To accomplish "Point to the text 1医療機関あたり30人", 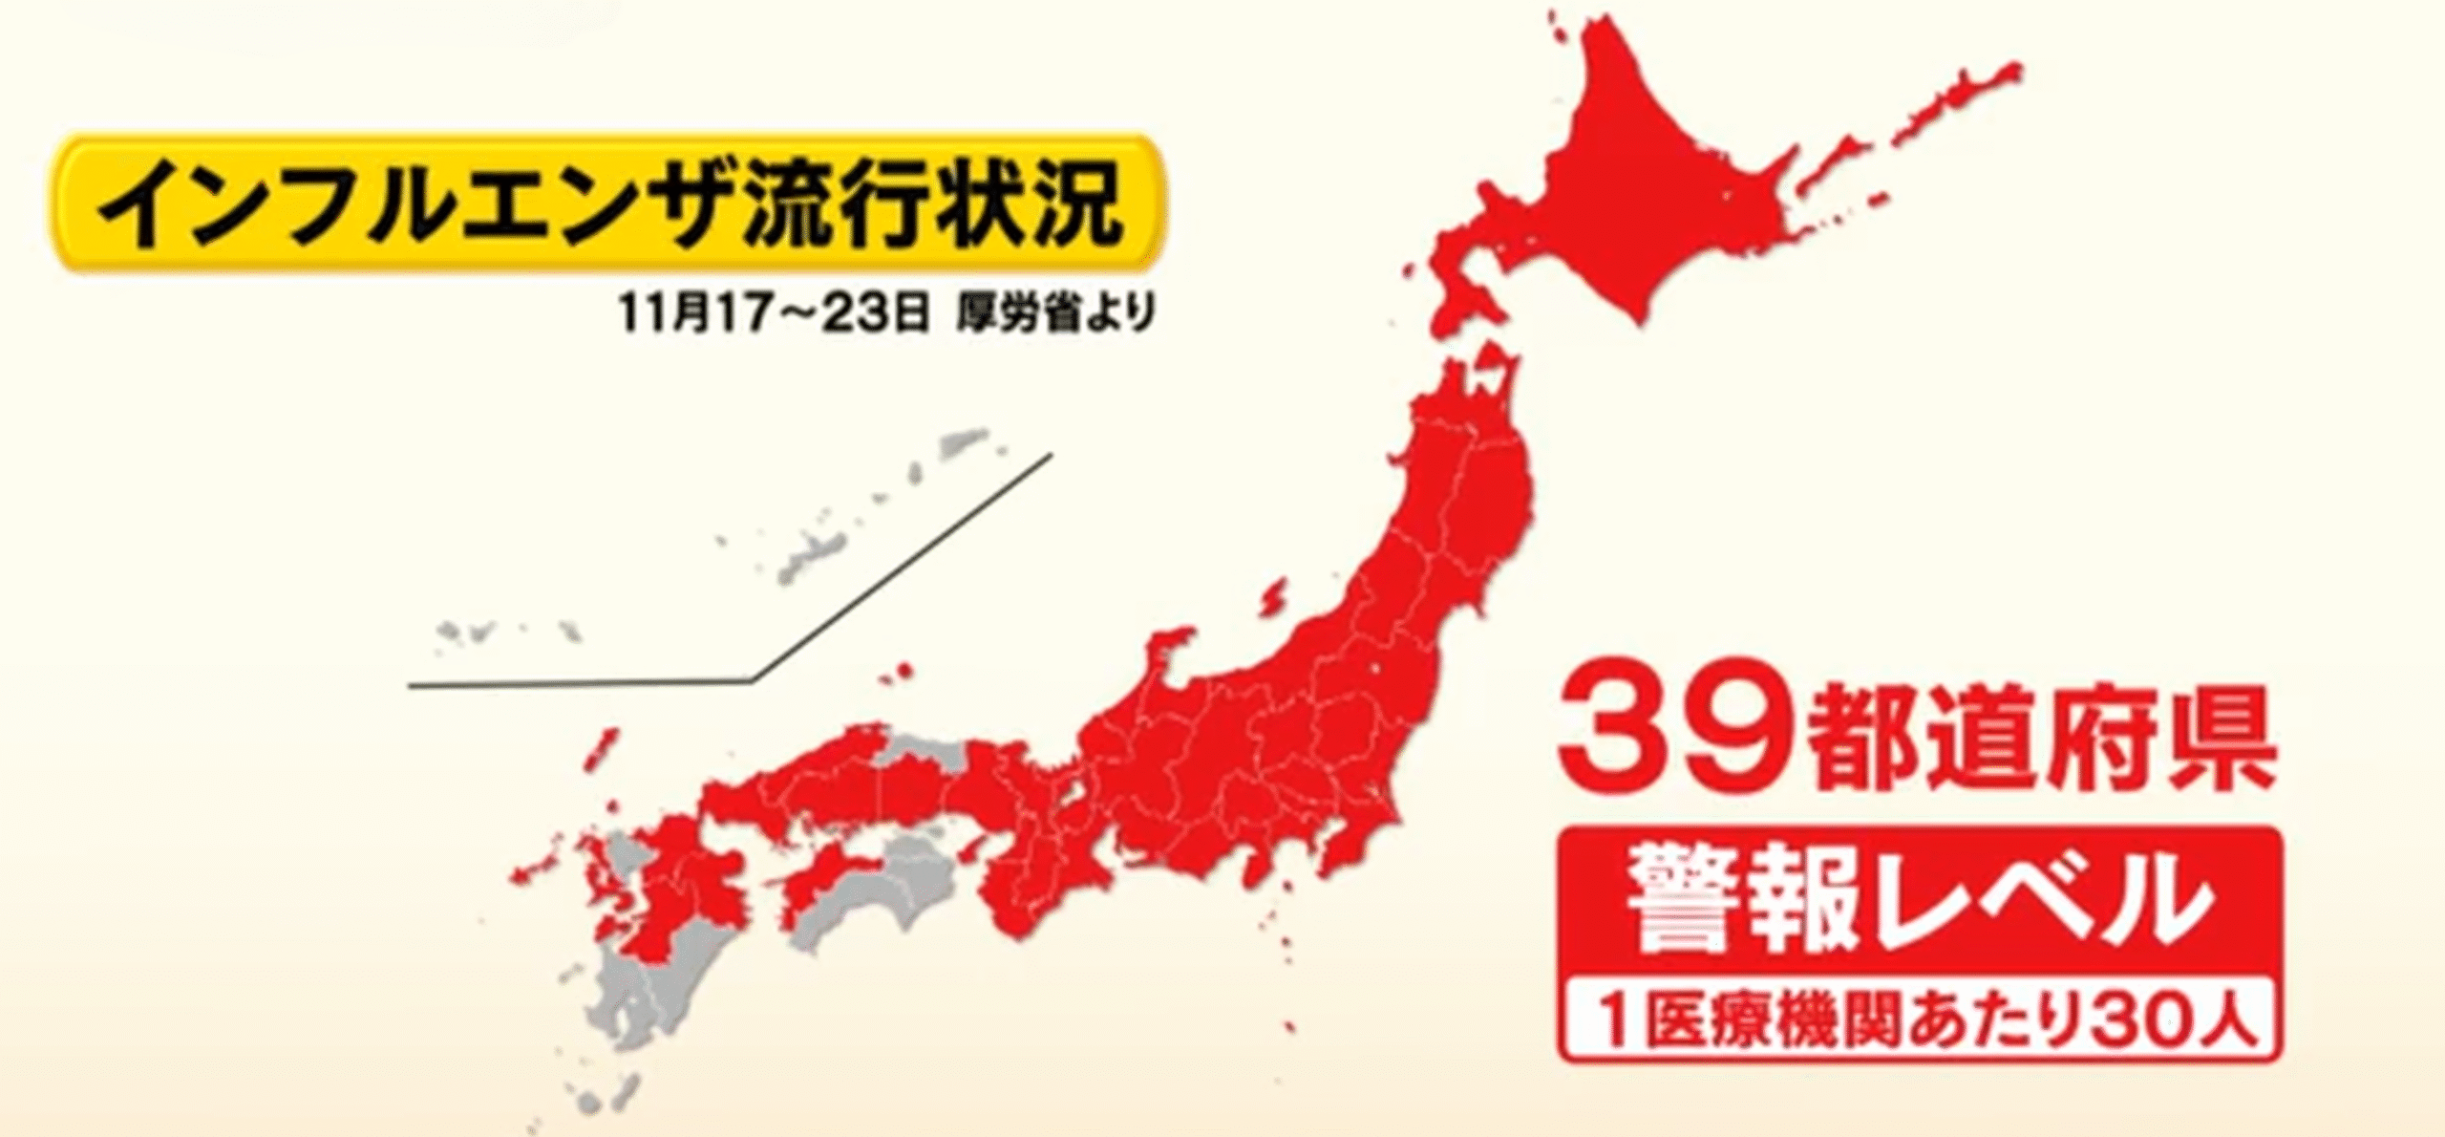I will tap(1920, 1020).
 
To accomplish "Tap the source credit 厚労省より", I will tap(1054, 312).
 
